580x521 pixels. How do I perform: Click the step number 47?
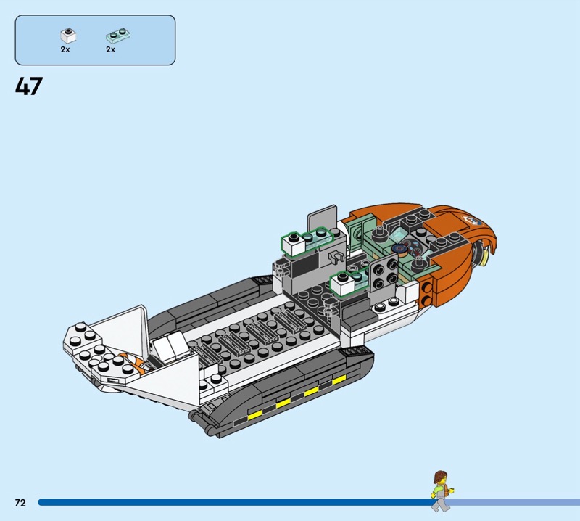(29, 86)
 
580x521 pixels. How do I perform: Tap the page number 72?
(20, 502)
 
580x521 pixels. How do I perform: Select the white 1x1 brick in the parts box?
(68, 36)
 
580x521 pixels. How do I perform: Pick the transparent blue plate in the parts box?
(118, 35)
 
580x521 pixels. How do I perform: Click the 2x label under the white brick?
(65, 49)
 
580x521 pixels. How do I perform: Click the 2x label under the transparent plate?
(111, 49)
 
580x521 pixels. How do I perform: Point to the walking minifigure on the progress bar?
(442, 491)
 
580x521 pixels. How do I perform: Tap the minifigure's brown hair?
(440, 476)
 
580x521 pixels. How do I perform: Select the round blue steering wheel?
(399, 249)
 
